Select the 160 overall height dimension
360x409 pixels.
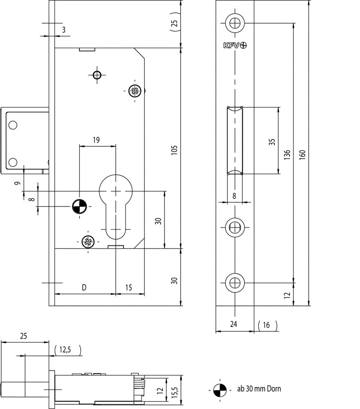pyautogui.click(x=303, y=155)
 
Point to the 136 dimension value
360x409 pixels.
pyautogui.click(x=288, y=155)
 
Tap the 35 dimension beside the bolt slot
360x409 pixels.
pyautogui.click(x=272, y=142)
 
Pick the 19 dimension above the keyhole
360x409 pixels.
pyautogui.click(x=96, y=140)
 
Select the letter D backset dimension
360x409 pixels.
pyautogui.click(x=83, y=288)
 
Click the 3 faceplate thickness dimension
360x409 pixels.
pyautogui.click(x=63, y=29)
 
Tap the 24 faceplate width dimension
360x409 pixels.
pyautogui.click(x=234, y=325)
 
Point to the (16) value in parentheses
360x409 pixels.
pyautogui.click(x=268, y=325)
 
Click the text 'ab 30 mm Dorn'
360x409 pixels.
pyautogui.click(x=259, y=389)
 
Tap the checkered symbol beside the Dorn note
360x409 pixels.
pyautogui.click(x=219, y=389)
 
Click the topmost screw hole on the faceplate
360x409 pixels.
pyautogui.click(x=235, y=23)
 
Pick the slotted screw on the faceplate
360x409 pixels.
pyautogui.click(x=235, y=226)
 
